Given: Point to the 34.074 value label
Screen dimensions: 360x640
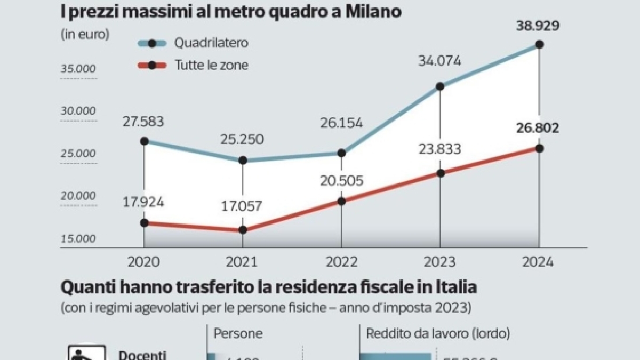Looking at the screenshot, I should [439, 60].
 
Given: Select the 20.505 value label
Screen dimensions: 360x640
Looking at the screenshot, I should [341, 181].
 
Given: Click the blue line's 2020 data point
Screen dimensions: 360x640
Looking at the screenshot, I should [144, 141].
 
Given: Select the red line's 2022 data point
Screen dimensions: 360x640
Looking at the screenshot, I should [341, 202].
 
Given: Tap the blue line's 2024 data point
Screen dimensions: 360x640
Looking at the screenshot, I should [539, 45].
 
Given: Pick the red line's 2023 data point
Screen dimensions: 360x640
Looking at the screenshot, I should [440, 173].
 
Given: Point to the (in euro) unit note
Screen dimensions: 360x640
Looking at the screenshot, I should [85, 34].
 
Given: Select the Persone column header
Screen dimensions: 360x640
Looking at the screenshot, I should [238, 333].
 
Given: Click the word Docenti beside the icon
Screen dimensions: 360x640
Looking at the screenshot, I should [142, 355].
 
